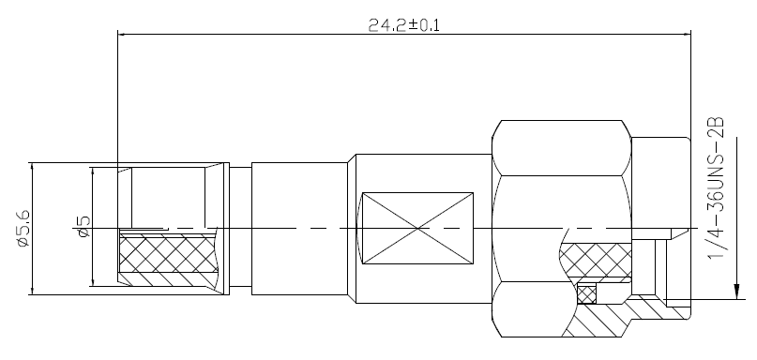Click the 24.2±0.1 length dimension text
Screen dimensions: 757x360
coord(404,24)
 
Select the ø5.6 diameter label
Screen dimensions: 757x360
coord(23,228)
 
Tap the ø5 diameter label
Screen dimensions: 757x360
coord(83,227)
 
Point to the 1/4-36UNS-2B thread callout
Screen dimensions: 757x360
coord(716,187)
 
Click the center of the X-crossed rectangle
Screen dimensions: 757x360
coord(417,228)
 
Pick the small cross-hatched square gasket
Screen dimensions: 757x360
coord(586,294)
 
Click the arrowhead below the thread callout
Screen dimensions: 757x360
coord(736,291)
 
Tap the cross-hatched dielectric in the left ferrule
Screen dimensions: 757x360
coord(169,253)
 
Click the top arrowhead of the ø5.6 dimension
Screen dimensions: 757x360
coord(32,168)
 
